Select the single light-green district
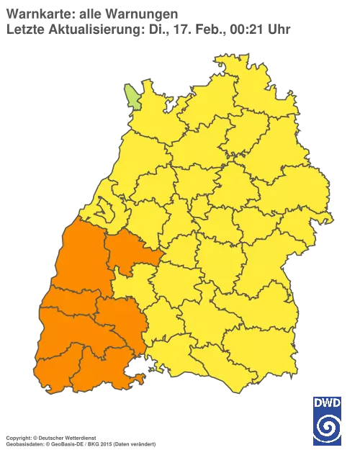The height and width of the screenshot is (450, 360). (x=132, y=96)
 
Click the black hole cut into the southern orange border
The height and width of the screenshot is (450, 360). (x=135, y=372)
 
